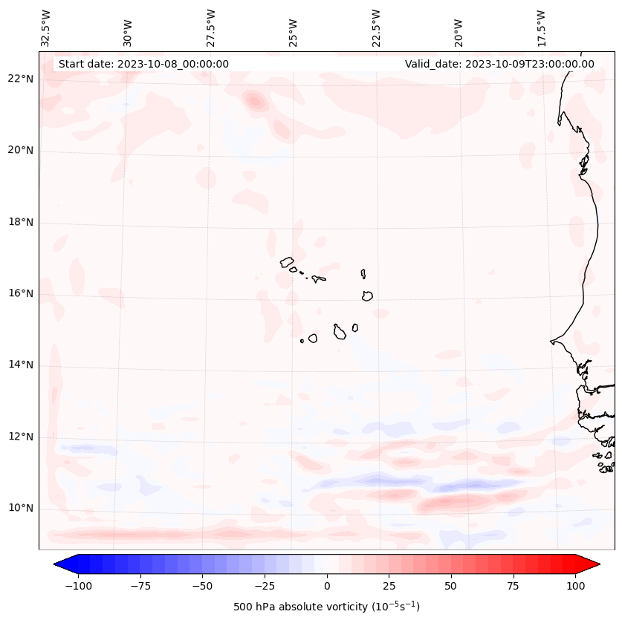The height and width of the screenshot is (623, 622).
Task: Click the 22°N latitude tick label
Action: tap(19, 79)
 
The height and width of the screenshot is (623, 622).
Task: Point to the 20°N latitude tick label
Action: tap(19, 150)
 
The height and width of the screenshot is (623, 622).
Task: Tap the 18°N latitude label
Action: tap(19, 222)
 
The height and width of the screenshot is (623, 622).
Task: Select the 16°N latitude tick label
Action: tap(19, 293)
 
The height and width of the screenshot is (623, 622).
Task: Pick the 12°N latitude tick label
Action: tap(19, 437)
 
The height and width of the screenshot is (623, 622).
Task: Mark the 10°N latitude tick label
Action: tap(19, 508)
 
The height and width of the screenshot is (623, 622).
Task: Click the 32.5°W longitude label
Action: tap(46, 28)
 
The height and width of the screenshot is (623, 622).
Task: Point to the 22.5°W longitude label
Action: tap(376, 28)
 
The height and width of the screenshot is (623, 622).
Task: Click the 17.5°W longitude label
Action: tap(541, 28)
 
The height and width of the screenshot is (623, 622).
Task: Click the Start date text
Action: tap(143, 64)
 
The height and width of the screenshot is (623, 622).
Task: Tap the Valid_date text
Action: tap(499, 64)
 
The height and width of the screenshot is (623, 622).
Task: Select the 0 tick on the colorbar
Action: tap(327, 586)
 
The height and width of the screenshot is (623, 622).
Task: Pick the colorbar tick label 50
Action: tap(451, 586)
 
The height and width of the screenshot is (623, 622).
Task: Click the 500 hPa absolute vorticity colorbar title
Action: tap(326, 607)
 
